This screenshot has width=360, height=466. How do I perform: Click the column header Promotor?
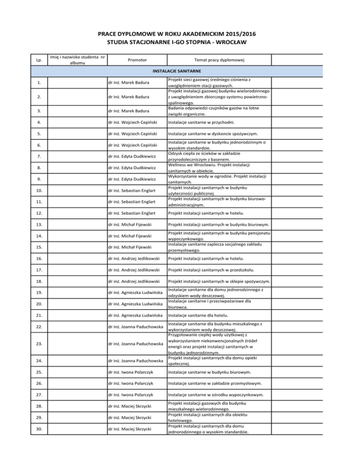click(136, 60)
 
